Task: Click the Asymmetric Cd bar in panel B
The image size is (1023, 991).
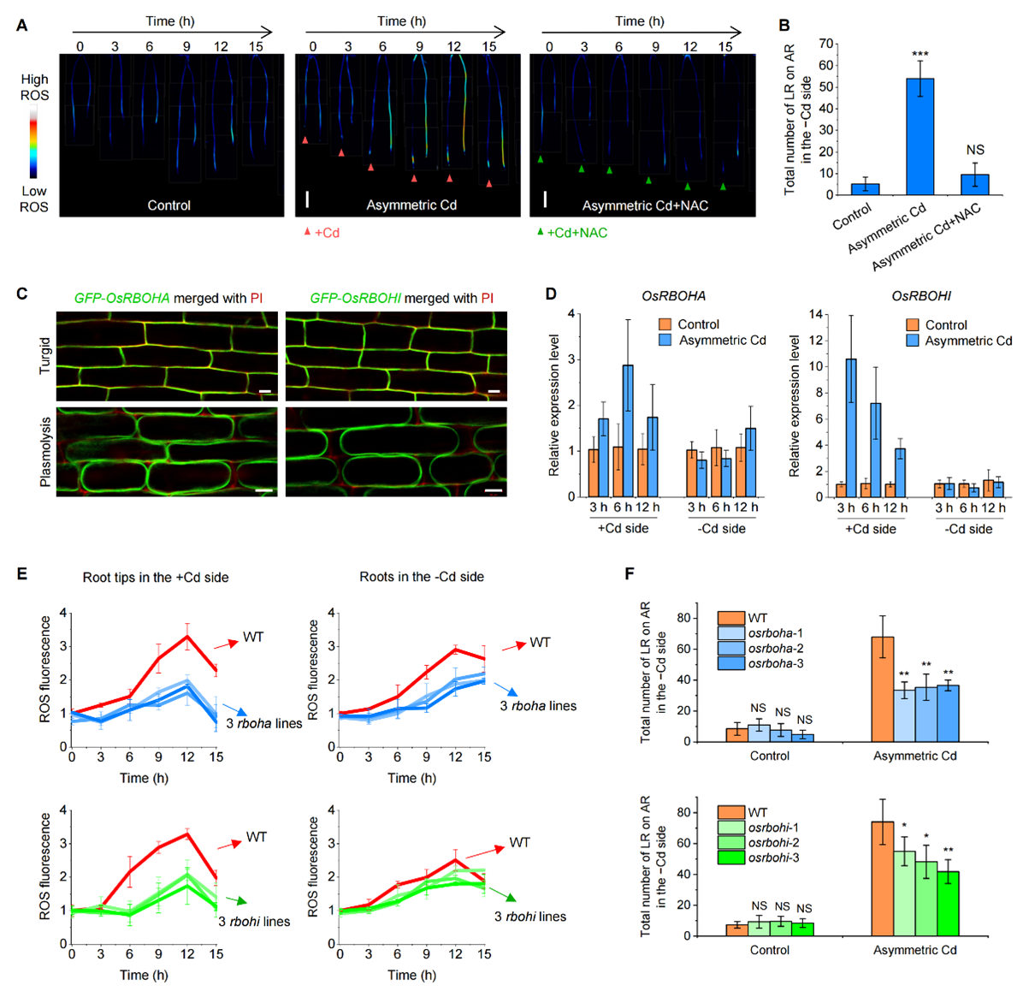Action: click(920, 137)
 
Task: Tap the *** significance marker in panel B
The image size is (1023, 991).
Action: click(920, 55)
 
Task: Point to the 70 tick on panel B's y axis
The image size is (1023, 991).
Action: click(825, 43)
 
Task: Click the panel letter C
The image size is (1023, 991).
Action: click(22, 294)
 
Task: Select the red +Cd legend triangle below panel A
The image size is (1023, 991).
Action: click(307, 232)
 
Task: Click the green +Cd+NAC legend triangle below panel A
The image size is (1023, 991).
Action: click(540, 232)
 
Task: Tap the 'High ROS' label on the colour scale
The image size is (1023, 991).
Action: click(34, 87)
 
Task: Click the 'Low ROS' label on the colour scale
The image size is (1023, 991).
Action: click(34, 199)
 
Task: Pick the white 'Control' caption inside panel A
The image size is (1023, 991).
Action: click(169, 205)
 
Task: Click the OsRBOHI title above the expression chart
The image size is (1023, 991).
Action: click(921, 296)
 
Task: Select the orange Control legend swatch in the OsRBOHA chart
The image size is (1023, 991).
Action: click(665, 324)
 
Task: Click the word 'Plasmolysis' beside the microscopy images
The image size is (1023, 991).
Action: click(45, 452)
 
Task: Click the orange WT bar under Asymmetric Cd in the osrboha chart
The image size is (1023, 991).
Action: click(882, 689)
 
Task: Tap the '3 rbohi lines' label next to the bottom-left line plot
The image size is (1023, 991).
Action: click(254, 922)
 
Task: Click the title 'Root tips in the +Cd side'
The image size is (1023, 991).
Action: click(156, 578)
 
